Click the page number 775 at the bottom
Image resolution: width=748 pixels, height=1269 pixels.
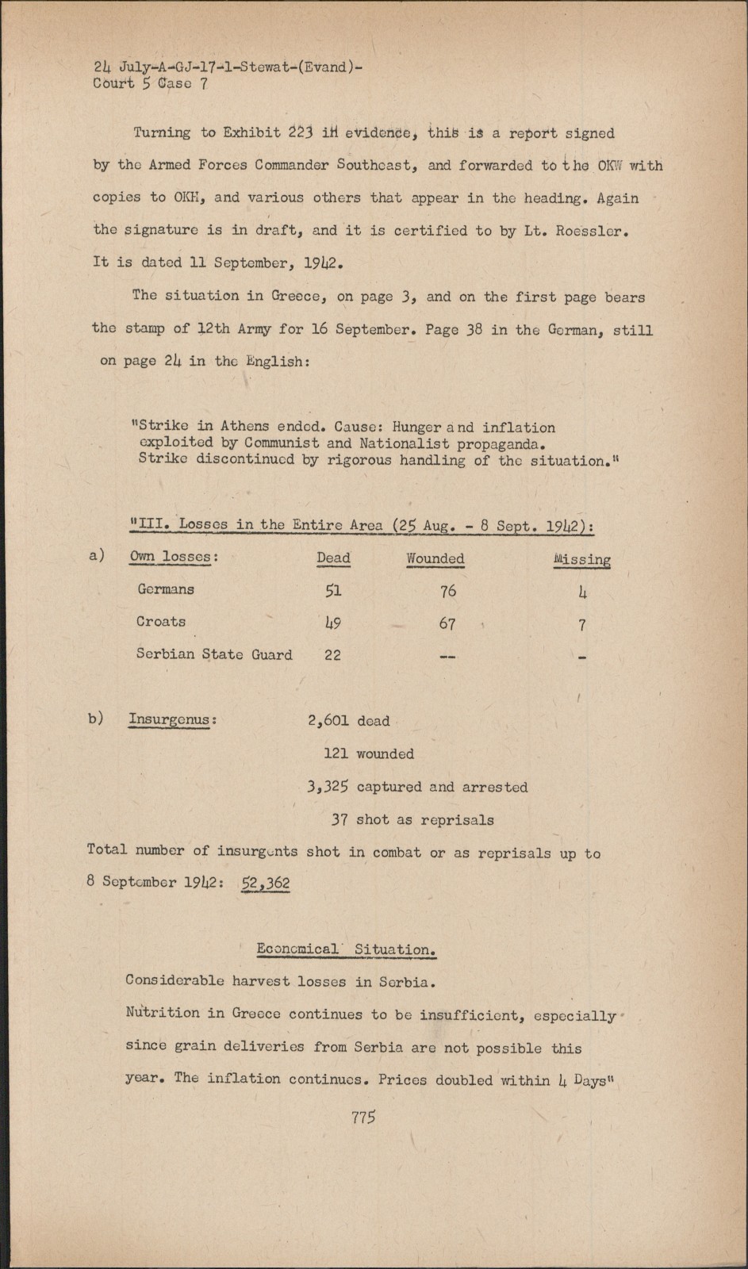coord(362,1118)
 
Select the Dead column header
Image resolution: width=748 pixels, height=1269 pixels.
coord(333,558)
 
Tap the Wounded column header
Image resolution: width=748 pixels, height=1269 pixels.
coord(435,558)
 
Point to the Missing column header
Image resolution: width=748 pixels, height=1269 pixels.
coord(581,559)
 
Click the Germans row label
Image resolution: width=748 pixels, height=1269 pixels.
coord(166,589)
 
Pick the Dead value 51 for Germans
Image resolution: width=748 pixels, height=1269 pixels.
coord(333,591)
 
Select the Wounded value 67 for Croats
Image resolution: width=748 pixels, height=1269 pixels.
coord(447,623)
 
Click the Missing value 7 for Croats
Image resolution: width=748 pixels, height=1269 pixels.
coord(581,625)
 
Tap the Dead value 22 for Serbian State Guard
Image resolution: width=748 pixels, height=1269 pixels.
coord(332,655)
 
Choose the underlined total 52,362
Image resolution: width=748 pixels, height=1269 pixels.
coord(265,883)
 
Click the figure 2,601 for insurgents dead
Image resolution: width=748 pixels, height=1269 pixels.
coord(328,721)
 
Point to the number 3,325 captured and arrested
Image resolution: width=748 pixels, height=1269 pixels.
coord(328,787)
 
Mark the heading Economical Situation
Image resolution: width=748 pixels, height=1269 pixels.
coord(347,949)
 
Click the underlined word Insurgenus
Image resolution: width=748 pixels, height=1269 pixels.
coord(170,720)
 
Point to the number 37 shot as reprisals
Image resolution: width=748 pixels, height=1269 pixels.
coord(339,820)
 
